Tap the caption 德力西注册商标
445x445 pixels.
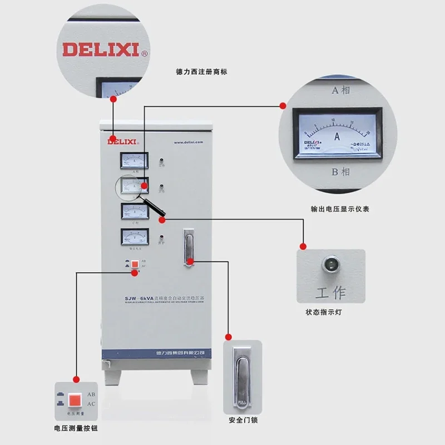tap(201, 72)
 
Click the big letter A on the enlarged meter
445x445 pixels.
tap(337, 135)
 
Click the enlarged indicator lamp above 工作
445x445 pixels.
tap(330, 263)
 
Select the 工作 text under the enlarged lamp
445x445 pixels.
tap(330, 293)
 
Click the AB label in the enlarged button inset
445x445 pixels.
tap(92, 394)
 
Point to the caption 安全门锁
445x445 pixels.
tap(243, 420)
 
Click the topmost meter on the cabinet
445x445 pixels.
tap(135, 161)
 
